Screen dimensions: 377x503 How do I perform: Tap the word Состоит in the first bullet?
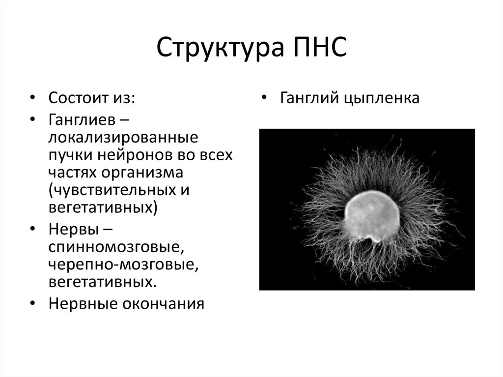click(x=76, y=97)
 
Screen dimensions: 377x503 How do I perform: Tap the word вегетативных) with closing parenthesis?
click(x=103, y=207)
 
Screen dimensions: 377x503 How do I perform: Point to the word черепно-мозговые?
click(x=123, y=264)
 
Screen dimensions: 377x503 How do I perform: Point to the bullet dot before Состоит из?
click(x=32, y=97)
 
